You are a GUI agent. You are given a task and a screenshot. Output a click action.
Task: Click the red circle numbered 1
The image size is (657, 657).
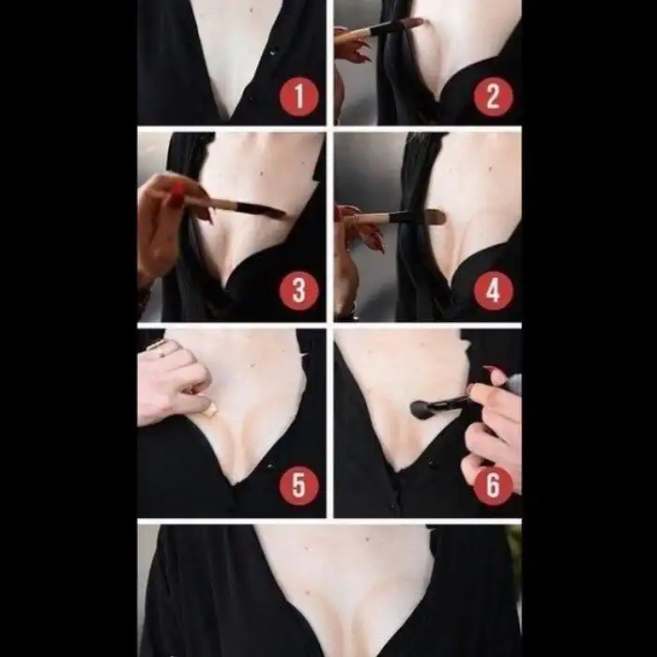pos(299,97)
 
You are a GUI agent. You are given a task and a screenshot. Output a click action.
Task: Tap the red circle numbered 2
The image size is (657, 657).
pos(493,97)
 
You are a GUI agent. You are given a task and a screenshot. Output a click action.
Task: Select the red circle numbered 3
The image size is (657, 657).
pos(299,291)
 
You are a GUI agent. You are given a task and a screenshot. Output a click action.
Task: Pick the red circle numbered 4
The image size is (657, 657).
pos(493,291)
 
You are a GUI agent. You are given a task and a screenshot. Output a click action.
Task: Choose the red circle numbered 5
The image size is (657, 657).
pos(299,485)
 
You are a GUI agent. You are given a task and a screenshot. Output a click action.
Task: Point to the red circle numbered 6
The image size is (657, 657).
pos(493,485)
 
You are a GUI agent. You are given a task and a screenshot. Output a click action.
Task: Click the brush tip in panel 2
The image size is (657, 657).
pos(408,23)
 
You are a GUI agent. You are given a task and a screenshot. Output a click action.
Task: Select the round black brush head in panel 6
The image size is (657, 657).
pos(419,409)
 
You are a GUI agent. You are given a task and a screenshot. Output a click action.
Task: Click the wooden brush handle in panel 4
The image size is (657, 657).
pos(370,219)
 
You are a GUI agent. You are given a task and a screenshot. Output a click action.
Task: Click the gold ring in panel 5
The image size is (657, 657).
pos(157,347)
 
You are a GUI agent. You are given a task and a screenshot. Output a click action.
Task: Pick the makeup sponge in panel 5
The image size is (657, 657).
pos(210,409)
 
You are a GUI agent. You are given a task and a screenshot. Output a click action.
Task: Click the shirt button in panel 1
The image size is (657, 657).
pos(273,52)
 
